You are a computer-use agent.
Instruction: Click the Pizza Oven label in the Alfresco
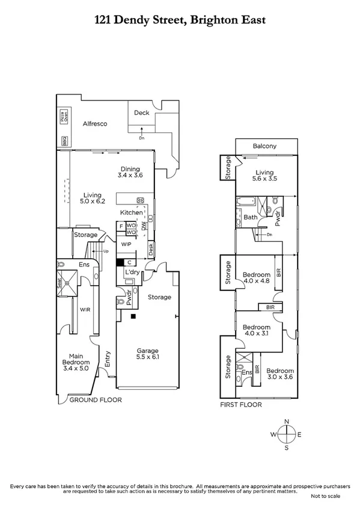pyautogui.click(x=63, y=117)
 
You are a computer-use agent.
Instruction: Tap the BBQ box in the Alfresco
pyautogui.click(x=64, y=142)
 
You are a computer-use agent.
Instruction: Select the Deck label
pyautogui.click(x=141, y=112)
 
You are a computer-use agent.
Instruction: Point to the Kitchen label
pyautogui.click(x=131, y=212)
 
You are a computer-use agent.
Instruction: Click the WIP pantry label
pyautogui.click(x=126, y=244)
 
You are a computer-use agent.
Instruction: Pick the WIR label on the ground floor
pyautogui.click(x=85, y=310)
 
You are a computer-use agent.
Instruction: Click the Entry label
pyautogui.click(x=108, y=359)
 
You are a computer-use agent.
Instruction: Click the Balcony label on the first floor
pyautogui.click(x=264, y=146)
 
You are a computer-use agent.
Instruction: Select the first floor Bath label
pyautogui.click(x=251, y=217)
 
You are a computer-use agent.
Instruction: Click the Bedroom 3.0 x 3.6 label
pyautogui.click(x=280, y=374)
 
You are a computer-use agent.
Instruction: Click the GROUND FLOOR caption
pyautogui.click(x=96, y=399)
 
